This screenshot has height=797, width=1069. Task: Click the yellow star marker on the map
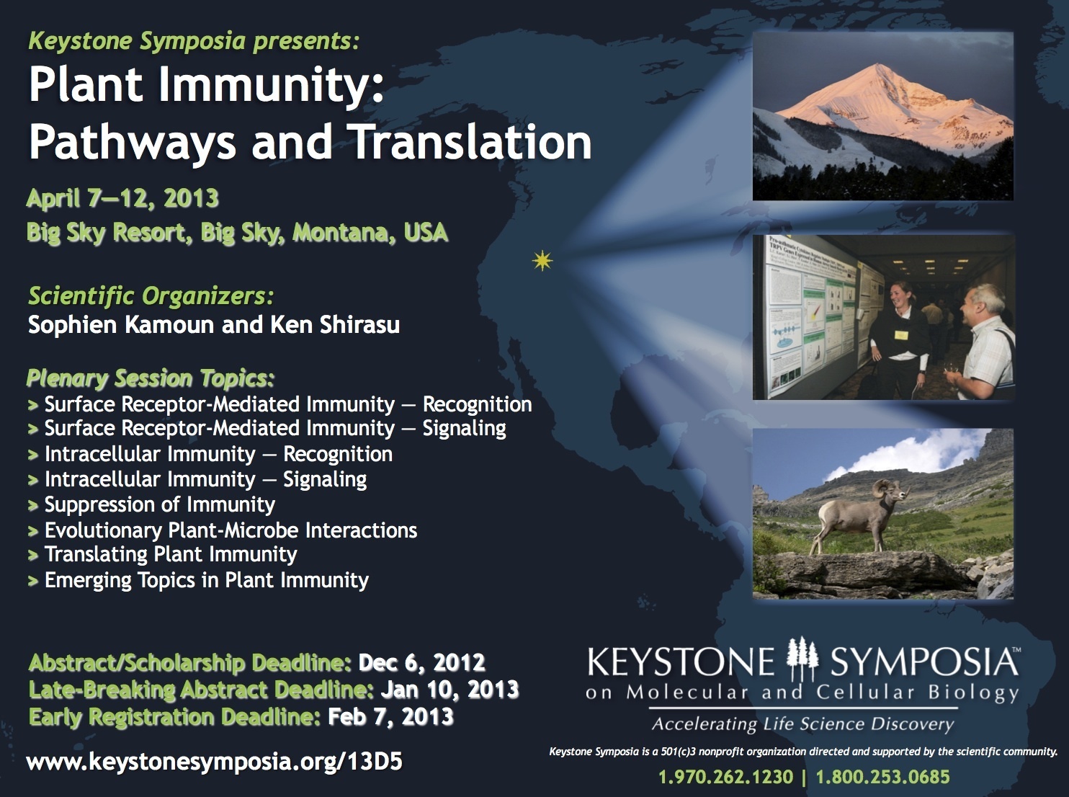pyautogui.click(x=542, y=261)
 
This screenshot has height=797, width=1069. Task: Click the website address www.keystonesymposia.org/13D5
pyautogui.click(x=214, y=762)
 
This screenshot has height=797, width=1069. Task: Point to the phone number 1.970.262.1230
pyautogui.click(x=725, y=777)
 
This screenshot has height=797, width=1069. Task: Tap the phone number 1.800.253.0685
pyautogui.click(x=883, y=777)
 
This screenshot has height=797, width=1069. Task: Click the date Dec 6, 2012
pyautogui.click(x=421, y=662)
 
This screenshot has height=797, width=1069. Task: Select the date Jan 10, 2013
pyautogui.click(x=449, y=690)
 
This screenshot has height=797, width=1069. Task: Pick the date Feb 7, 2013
pyautogui.click(x=390, y=716)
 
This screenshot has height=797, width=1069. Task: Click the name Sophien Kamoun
pyautogui.click(x=121, y=325)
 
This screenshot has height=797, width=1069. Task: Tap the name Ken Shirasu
pyautogui.click(x=335, y=325)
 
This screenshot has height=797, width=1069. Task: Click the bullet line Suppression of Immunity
pyautogui.click(x=160, y=504)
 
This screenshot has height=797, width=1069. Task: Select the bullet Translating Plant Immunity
pyautogui.click(x=171, y=555)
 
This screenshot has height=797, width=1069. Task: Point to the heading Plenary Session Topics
pyautogui.click(x=151, y=378)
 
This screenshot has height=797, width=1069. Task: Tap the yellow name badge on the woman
pyautogui.click(x=901, y=336)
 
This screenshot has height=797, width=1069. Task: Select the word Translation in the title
pyautogui.click(x=471, y=142)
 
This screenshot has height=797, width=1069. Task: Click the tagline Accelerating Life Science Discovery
pyautogui.click(x=803, y=724)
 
